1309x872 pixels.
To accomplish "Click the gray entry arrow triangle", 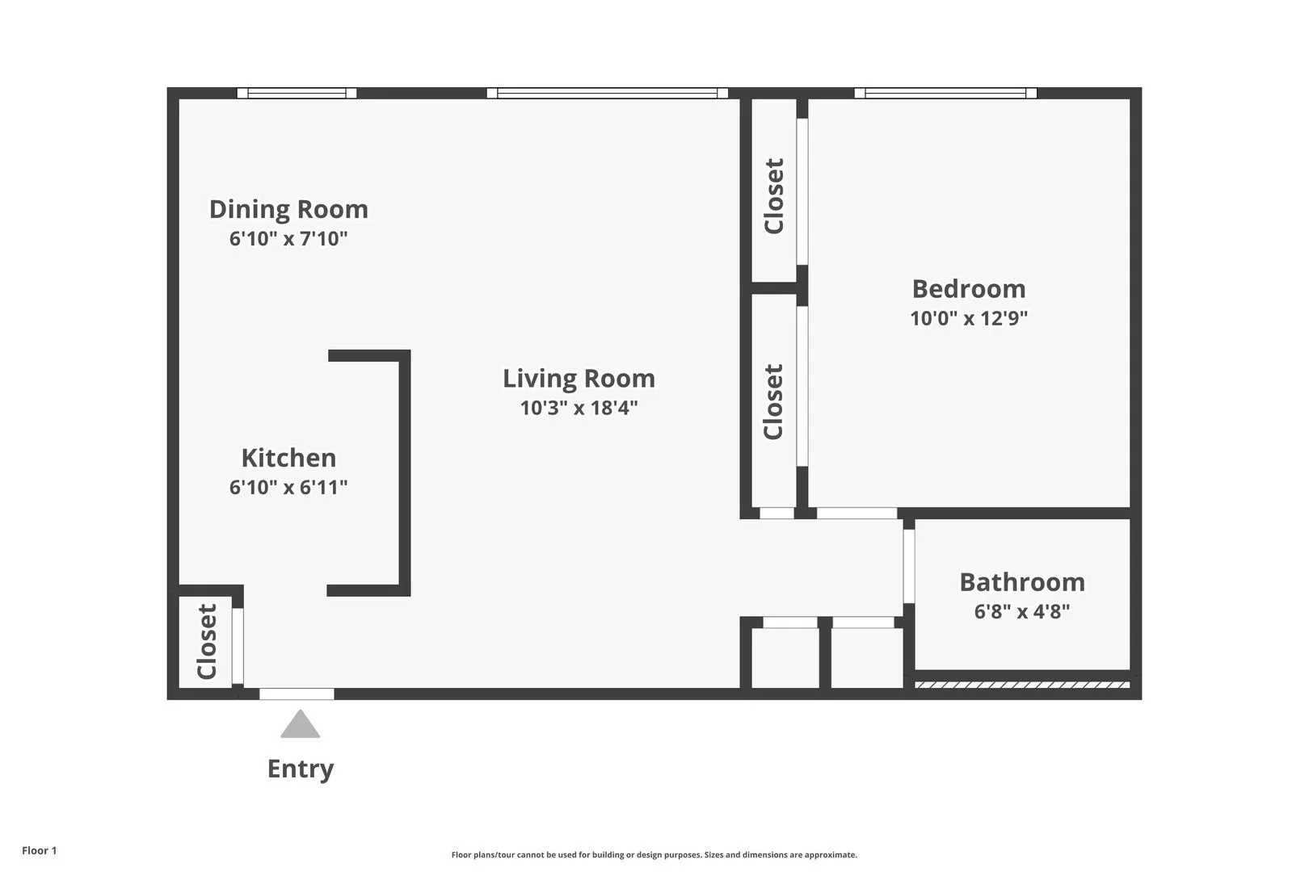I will pyautogui.click(x=300, y=726).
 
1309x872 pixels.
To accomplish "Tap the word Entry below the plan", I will pyautogui.click(x=300, y=769).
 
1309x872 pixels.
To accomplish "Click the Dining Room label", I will pyautogui.click(x=288, y=209).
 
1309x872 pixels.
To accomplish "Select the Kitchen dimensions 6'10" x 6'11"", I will pyautogui.click(x=288, y=487).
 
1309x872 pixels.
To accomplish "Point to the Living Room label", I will pyautogui.click(x=579, y=378).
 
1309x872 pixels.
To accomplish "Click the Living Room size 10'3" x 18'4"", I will pyautogui.click(x=579, y=408).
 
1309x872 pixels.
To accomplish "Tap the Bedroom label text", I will pyautogui.click(x=968, y=288).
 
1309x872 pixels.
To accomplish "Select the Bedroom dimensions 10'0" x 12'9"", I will pyautogui.click(x=968, y=318).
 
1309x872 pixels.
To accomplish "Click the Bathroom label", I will pyautogui.click(x=1021, y=581).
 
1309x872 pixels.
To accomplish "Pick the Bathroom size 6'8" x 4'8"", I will pyautogui.click(x=1021, y=611).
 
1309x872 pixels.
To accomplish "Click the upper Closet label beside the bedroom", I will pyautogui.click(x=774, y=196).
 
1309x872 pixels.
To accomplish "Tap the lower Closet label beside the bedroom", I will pyautogui.click(x=774, y=401).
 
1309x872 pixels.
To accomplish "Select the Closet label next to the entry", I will pyautogui.click(x=207, y=642).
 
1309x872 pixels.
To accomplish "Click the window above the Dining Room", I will pyautogui.click(x=297, y=93).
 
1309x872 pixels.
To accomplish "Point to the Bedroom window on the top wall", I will pyautogui.click(x=945, y=93).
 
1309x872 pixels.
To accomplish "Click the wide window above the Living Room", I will pyautogui.click(x=607, y=93).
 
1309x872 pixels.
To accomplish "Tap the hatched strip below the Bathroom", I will pyautogui.click(x=1021, y=685).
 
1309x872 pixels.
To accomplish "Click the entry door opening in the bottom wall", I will pyautogui.click(x=297, y=694).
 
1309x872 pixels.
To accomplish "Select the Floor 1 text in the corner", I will pyautogui.click(x=40, y=850).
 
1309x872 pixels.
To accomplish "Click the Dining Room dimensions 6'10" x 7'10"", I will pyautogui.click(x=288, y=239).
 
